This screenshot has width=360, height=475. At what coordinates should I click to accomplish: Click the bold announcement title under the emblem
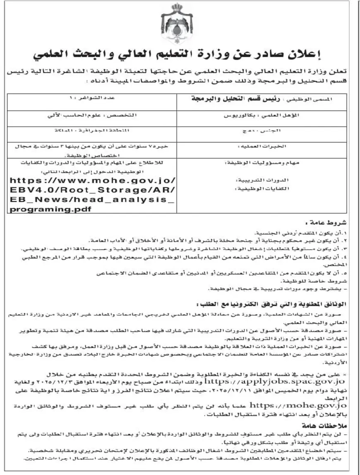pos(179,54)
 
